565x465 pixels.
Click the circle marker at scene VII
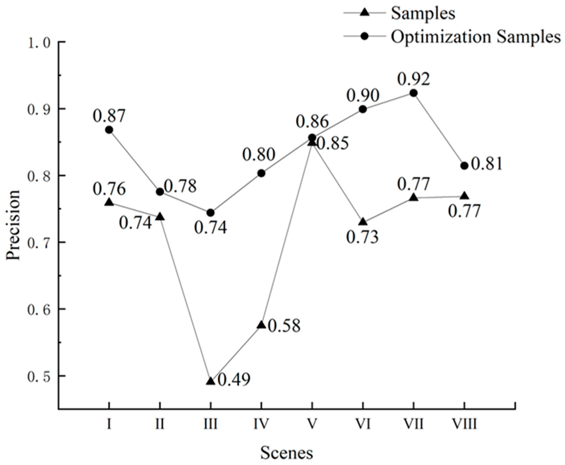[x=413, y=93]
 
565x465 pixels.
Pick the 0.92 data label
[x=413, y=79]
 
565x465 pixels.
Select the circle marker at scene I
[x=109, y=130]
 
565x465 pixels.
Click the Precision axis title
[x=13, y=225]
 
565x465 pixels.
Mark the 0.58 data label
[x=284, y=326]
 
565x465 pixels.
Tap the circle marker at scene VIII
[x=464, y=166]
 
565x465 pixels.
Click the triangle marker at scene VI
[x=363, y=222]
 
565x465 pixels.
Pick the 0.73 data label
[x=362, y=237]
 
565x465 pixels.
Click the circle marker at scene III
[x=211, y=213]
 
